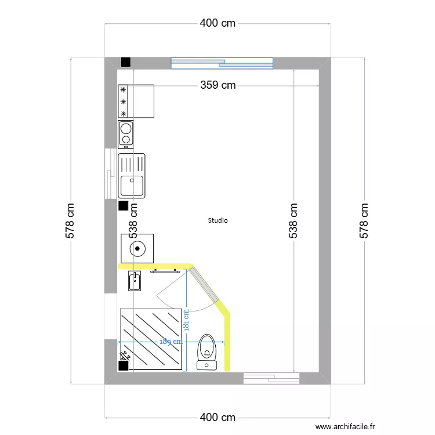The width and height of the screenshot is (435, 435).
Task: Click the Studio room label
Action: pyautogui.click(x=217, y=220)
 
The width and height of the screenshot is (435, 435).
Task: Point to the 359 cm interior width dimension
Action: pyautogui.click(x=218, y=85)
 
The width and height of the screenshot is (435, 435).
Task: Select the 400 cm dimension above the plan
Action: pyautogui.click(x=218, y=23)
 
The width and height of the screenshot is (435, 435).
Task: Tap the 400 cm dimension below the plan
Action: pyautogui.click(x=218, y=418)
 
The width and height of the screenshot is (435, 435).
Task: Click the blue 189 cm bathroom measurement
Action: pyautogui.click(x=171, y=341)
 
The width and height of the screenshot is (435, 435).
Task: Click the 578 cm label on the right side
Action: pyautogui.click(x=364, y=220)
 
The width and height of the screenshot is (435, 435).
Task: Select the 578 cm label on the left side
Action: pyautogui.click(x=71, y=220)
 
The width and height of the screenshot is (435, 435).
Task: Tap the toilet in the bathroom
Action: pyautogui.click(x=207, y=350)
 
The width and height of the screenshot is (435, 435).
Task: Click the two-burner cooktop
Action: pyautogui.click(x=125, y=134)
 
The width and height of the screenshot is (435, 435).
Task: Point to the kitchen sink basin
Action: pyautogui.click(x=132, y=186)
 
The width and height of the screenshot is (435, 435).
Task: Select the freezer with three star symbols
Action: pyautogui.click(x=137, y=101)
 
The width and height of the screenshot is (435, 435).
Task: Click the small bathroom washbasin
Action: pyautogui.click(x=134, y=281)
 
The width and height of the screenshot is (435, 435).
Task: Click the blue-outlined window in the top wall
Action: pyautogui.click(x=222, y=63)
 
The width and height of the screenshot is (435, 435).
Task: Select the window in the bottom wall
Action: pyautogui.click(x=271, y=378)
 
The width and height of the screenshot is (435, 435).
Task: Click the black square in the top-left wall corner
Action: pyautogui.click(x=125, y=63)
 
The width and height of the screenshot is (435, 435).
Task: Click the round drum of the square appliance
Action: pyautogui.click(x=137, y=249)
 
